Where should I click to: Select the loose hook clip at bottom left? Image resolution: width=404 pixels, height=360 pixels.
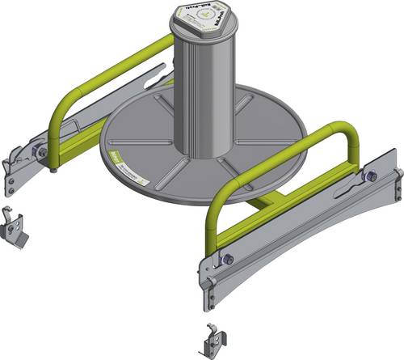point(16,230)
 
